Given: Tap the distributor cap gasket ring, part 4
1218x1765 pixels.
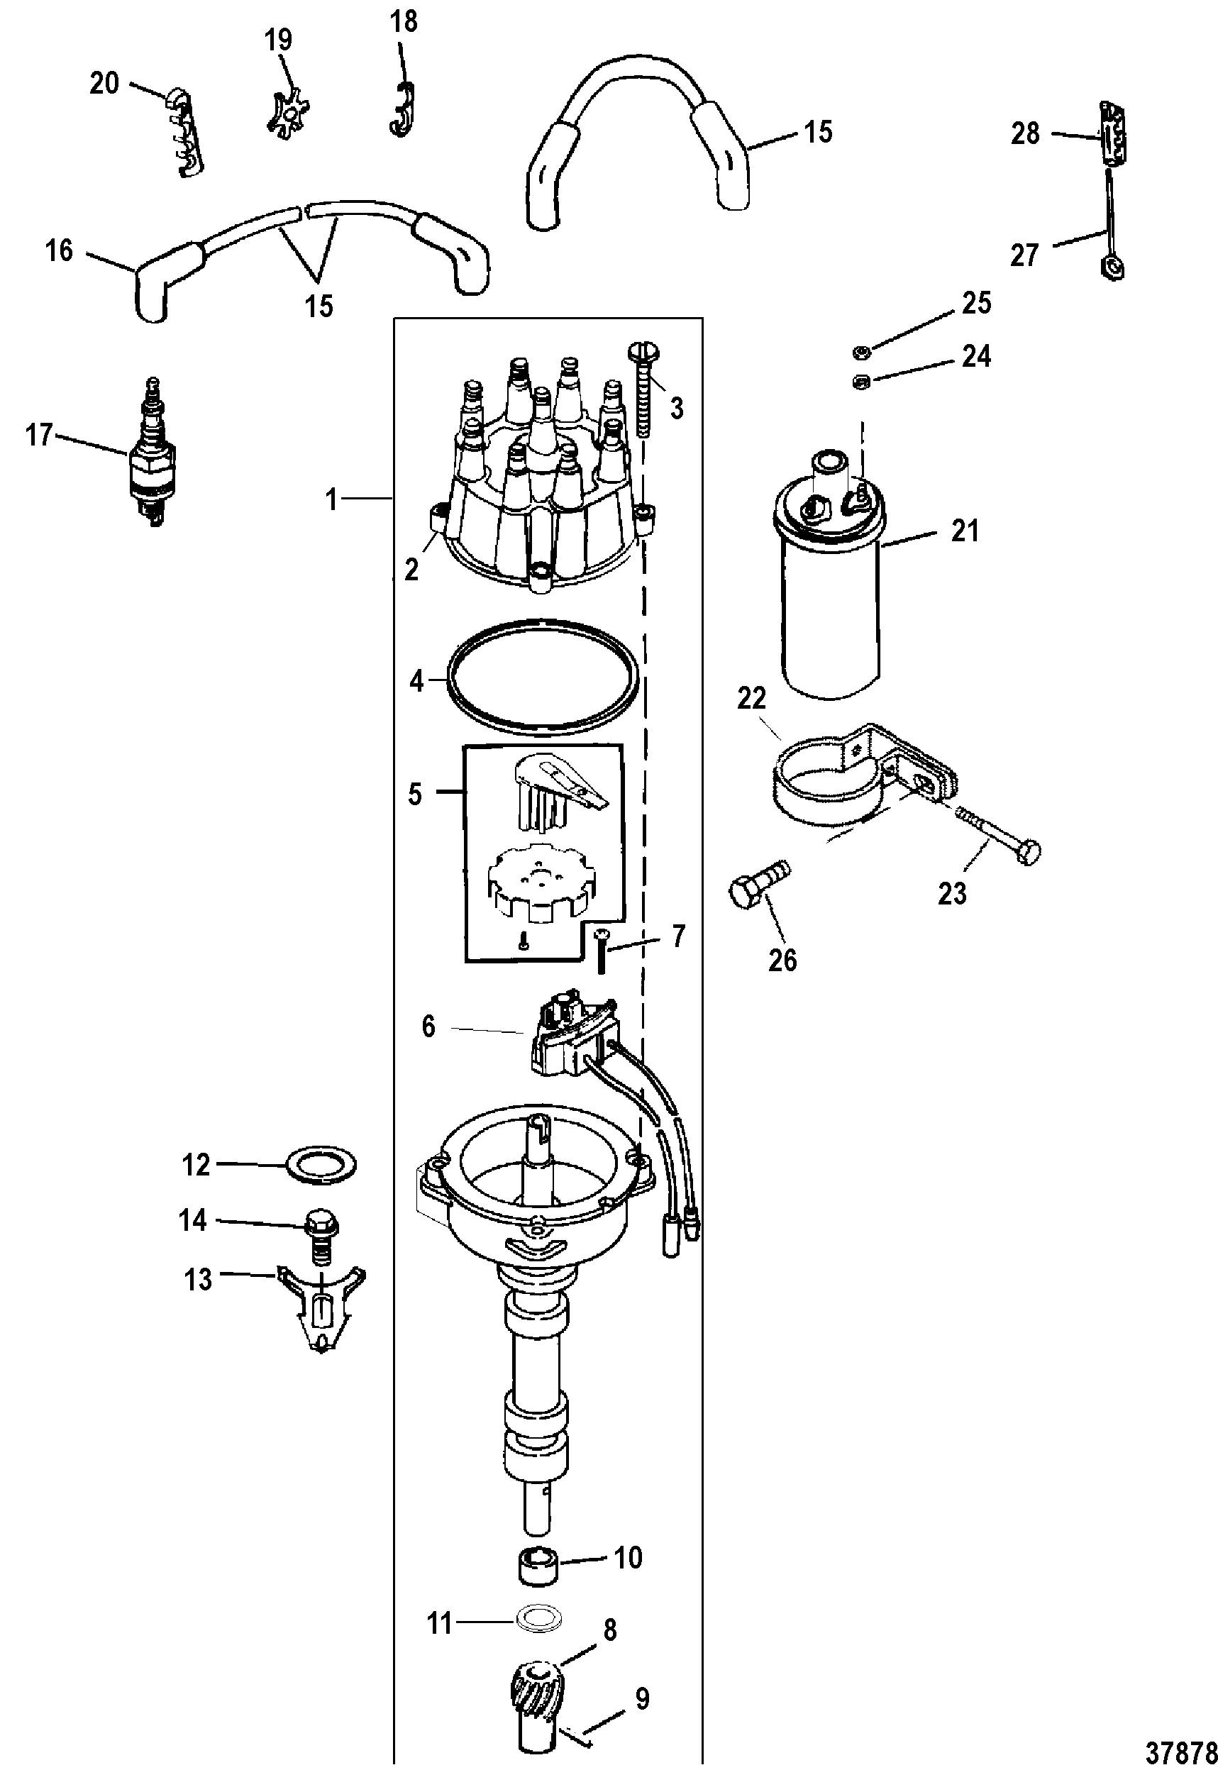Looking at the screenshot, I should [543, 678].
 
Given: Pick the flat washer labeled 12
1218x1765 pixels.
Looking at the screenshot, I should [321, 1164].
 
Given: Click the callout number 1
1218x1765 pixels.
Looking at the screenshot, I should [331, 500].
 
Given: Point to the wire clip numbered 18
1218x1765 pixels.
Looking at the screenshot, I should [402, 111].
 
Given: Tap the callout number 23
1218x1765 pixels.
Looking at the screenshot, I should [952, 894].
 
